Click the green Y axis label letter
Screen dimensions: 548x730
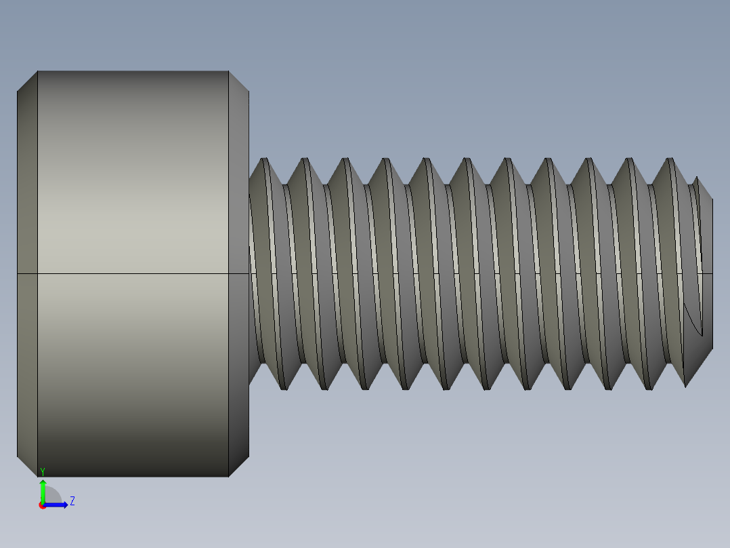pyautogui.click(x=43, y=471)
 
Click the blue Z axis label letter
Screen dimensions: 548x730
pyautogui.click(x=72, y=501)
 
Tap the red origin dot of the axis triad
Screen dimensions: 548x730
pyautogui.click(x=43, y=505)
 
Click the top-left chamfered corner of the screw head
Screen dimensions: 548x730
pyautogui.click(x=27, y=81)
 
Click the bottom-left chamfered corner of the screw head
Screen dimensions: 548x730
pyautogui.click(x=27, y=467)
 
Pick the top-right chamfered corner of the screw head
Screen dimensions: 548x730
pyautogui.click(x=239, y=81)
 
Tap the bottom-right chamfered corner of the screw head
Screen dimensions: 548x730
pyautogui.click(x=239, y=467)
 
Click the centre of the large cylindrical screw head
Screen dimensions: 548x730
pyautogui.click(x=133, y=273)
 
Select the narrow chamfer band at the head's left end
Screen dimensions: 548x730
pyautogui.click(x=27, y=203)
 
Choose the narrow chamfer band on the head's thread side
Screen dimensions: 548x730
pyautogui.click(x=239, y=203)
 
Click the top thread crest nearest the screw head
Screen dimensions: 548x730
pyautogui.click(x=264, y=160)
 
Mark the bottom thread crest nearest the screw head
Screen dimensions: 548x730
pyautogui.click(x=284, y=388)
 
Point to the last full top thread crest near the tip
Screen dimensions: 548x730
pyautogui.click(x=670, y=160)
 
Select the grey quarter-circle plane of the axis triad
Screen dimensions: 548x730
pyautogui.click(x=52, y=496)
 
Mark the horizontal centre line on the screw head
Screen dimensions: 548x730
pyautogui.click(x=133, y=273)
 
